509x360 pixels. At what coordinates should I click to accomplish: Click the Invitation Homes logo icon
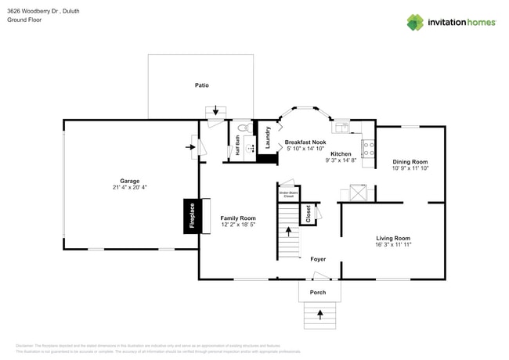click(x=414, y=22)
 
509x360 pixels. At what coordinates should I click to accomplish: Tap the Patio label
click(x=201, y=85)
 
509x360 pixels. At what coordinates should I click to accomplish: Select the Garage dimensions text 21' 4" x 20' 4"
click(x=129, y=188)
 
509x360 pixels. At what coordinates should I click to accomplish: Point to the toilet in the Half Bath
click(x=243, y=128)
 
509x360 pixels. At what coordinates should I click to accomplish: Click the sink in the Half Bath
click(x=251, y=146)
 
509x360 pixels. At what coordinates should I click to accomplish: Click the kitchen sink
click(x=342, y=125)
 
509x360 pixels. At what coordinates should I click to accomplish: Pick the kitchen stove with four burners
click(x=368, y=147)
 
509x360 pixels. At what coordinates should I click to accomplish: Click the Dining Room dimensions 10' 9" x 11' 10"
click(x=410, y=168)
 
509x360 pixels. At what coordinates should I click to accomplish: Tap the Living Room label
click(x=393, y=238)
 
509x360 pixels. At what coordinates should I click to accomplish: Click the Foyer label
click(x=318, y=259)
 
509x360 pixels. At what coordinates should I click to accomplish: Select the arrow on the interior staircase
click(x=289, y=232)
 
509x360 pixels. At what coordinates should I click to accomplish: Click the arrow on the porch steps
click(x=319, y=315)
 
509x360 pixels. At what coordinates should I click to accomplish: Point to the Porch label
click(x=318, y=293)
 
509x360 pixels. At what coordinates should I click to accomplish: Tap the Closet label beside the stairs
click(x=309, y=214)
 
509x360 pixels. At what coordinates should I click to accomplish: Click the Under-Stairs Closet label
click(x=288, y=193)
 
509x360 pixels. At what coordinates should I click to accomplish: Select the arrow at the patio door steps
click(x=216, y=111)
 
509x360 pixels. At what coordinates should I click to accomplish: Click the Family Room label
click(x=238, y=218)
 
